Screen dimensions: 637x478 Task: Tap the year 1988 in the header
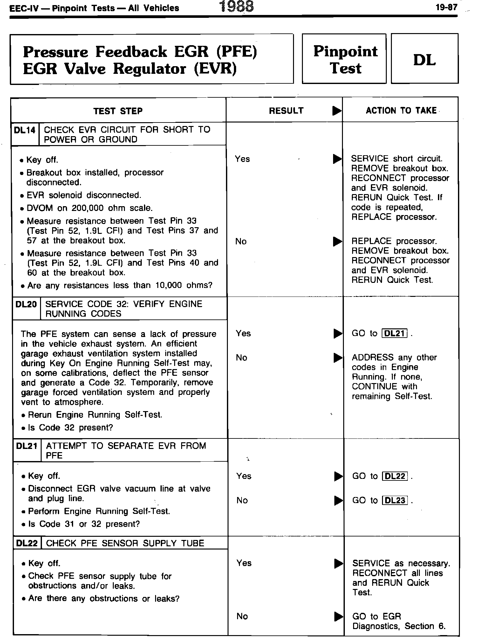237,7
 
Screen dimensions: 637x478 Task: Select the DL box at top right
424,59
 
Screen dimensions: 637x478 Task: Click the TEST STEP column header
118,111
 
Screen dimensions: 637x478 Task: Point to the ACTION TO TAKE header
401,110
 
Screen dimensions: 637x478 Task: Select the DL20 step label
26,304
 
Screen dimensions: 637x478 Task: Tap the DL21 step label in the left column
27,446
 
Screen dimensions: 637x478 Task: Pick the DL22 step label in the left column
27,543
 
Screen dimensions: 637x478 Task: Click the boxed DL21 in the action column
394,333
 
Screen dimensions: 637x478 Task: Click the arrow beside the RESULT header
337,111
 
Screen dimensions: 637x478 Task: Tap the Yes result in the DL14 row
242,159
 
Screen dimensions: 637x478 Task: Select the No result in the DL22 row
242,616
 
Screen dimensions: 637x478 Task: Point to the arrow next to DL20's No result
338,358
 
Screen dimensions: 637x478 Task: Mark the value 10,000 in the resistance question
168,285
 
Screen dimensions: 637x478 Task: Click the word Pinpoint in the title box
345,52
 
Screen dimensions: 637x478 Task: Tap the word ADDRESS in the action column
370,358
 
